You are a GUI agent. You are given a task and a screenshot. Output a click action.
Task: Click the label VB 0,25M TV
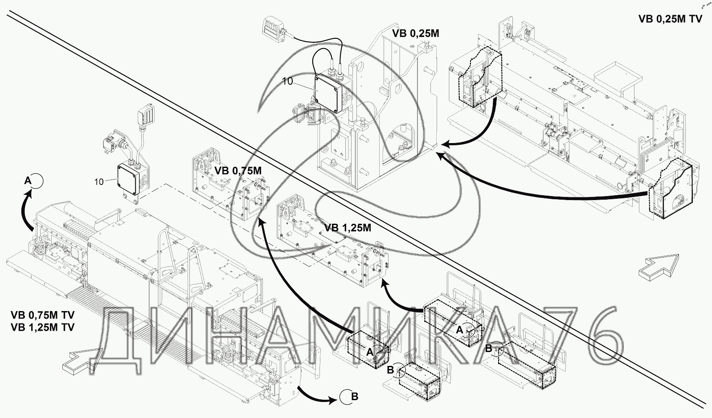click(670, 19)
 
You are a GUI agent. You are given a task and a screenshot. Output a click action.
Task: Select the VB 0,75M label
click(238, 171)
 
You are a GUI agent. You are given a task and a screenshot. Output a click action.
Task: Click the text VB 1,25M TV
click(42, 328)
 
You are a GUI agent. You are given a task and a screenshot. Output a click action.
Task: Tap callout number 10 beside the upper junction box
click(287, 81)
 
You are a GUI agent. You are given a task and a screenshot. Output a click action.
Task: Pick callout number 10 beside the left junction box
click(99, 181)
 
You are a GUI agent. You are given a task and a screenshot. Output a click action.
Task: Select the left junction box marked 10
click(129, 180)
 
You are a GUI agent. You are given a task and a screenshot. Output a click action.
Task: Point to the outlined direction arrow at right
click(659, 266)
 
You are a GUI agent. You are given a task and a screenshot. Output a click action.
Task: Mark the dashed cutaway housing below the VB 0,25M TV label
click(479, 78)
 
